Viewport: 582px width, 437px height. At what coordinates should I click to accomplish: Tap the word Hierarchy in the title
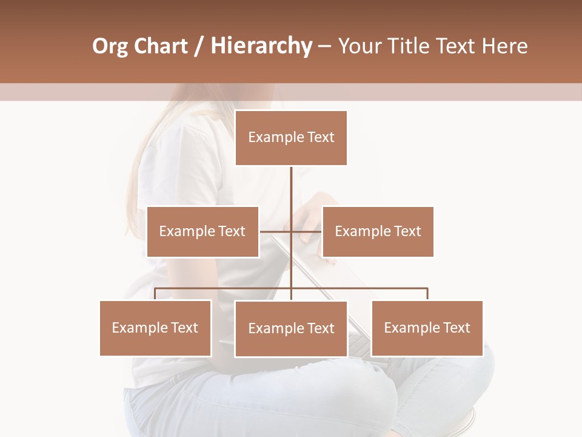coord(261,47)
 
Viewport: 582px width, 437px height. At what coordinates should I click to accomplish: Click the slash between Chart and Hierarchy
coord(199,47)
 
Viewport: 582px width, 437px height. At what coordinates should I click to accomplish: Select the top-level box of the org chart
coord(291,138)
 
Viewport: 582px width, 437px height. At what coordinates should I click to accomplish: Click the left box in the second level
coord(202,231)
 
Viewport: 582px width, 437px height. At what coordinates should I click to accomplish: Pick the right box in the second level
coord(378,231)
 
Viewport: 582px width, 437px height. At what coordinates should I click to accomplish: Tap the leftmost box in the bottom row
coord(155,328)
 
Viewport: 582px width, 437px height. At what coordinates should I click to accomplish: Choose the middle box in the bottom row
coord(291,328)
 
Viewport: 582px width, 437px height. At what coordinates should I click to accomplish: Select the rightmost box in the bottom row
coord(427,328)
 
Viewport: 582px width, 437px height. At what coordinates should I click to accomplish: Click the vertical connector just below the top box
coord(291,185)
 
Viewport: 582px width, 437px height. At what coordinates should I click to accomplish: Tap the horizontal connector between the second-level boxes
coord(275,231)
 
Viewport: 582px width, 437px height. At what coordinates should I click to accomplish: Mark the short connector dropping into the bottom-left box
coord(155,294)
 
